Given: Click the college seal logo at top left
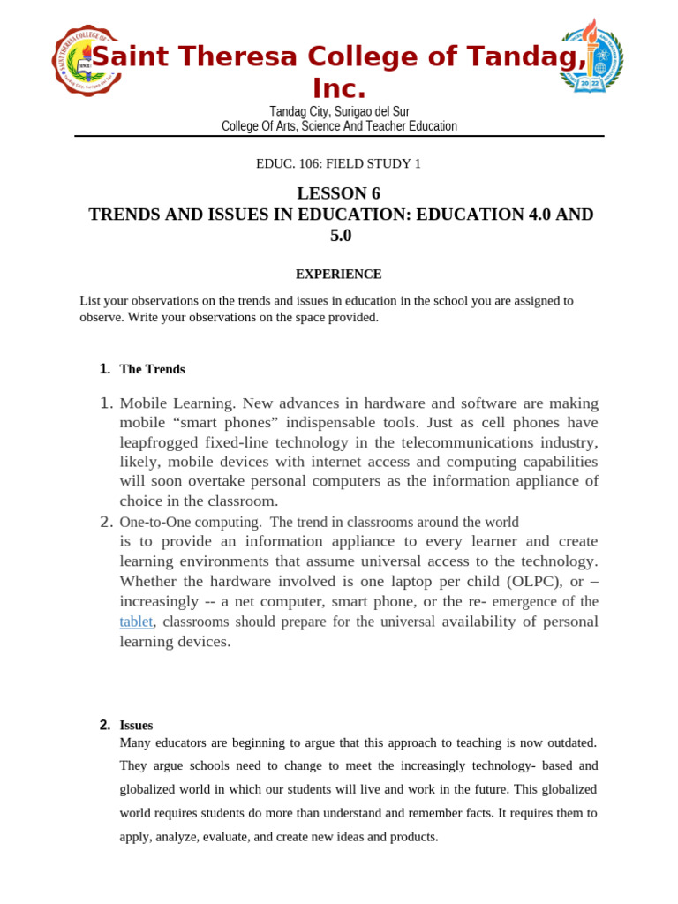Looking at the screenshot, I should pyautogui.click(x=86, y=59).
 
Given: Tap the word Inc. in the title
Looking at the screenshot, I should pyautogui.click(x=339, y=88).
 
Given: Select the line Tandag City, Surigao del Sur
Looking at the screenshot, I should pyautogui.click(x=339, y=111).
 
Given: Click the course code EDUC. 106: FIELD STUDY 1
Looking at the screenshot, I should pyautogui.click(x=338, y=163).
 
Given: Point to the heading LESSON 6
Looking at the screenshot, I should pyautogui.click(x=339, y=193).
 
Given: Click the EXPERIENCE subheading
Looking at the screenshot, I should pyautogui.click(x=339, y=275).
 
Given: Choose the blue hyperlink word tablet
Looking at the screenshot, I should pyautogui.click(x=136, y=621).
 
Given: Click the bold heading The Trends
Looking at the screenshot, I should pyautogui.click(x=152, y=369).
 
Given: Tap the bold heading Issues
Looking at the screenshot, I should pyautogui.click(x=136, y=725).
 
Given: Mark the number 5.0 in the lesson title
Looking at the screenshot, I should pyautogui.click(x=340, y=236).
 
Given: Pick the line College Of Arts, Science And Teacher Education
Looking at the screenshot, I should pyautogui.click(x=339, y=126).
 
